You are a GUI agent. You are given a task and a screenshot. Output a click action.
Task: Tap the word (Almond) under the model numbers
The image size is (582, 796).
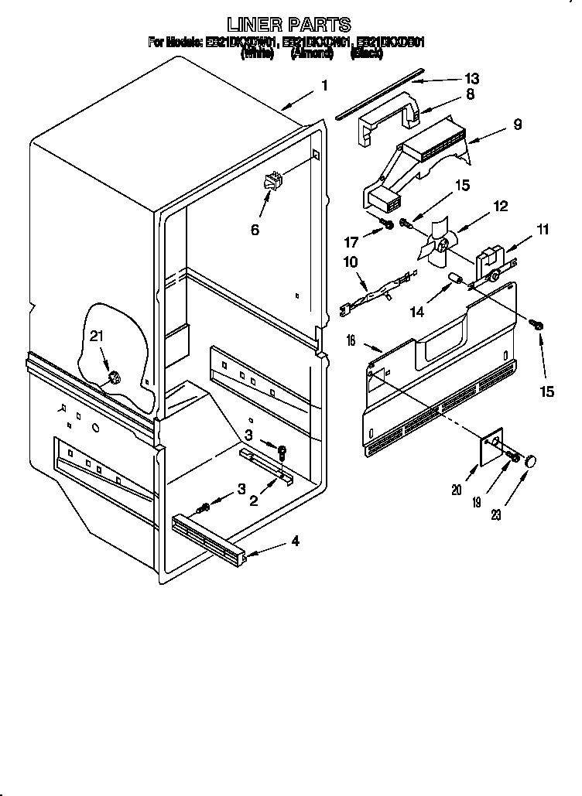[x=312, y=54]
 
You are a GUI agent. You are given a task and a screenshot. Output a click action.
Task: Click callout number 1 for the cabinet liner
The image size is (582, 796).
[x=325, y=86]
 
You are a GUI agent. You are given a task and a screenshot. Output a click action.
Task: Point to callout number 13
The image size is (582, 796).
[x=471, y=78]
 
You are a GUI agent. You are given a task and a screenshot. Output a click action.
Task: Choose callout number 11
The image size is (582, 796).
[x=542, y=230]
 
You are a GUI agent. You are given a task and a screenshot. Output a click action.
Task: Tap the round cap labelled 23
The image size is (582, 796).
[x=531, y=462]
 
